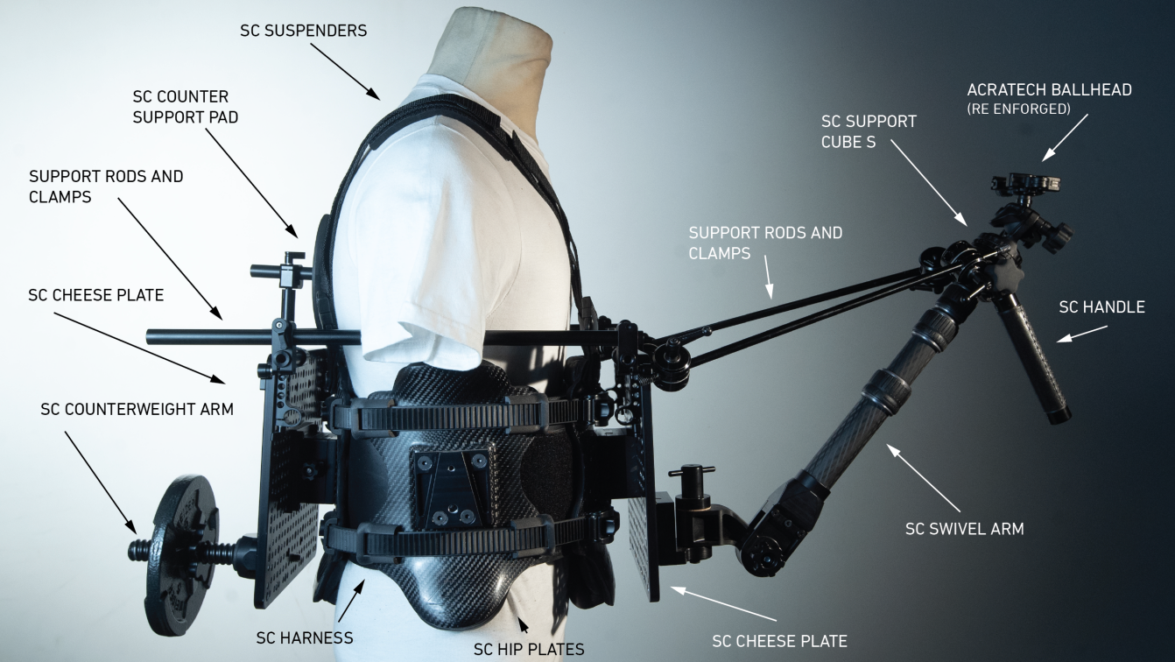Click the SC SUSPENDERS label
click(303, 31)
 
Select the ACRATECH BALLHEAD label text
click(1049, 90)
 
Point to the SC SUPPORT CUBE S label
click(869, 130)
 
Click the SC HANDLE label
click(1101, 306)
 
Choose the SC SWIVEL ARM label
click(964, 529)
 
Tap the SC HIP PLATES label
click(528, 649)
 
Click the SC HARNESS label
click(304, 637)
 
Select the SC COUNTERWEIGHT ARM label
click(137, 409)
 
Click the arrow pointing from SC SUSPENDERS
click(345, 69)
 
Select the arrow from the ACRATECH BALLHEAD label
click(1064, 137)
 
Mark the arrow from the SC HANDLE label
click(1083, 334)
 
